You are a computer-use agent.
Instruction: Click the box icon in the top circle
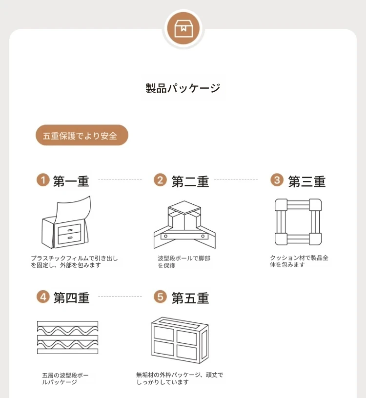183,28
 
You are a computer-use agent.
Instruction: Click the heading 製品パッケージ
183,88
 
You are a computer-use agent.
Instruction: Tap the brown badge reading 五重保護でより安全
82,135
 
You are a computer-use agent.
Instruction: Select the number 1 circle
43,179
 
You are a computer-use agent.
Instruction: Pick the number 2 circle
160,179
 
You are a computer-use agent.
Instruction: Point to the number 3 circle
277,179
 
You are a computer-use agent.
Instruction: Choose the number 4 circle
43,297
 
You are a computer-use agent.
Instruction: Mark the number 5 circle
160,297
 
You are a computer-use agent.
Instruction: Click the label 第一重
71,181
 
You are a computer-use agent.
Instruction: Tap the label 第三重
307,181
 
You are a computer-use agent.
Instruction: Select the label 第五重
190,298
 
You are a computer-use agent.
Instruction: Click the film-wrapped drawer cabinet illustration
66,222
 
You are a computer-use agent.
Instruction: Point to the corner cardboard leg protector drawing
184,225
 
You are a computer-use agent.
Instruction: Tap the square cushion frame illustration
298,222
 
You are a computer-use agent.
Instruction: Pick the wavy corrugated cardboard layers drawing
67,338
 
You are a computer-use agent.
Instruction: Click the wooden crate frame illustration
180,340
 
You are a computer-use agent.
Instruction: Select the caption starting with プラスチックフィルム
74,262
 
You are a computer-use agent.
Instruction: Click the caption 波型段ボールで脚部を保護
184,262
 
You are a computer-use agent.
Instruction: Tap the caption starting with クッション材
299,261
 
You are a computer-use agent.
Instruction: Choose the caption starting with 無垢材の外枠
180,378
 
